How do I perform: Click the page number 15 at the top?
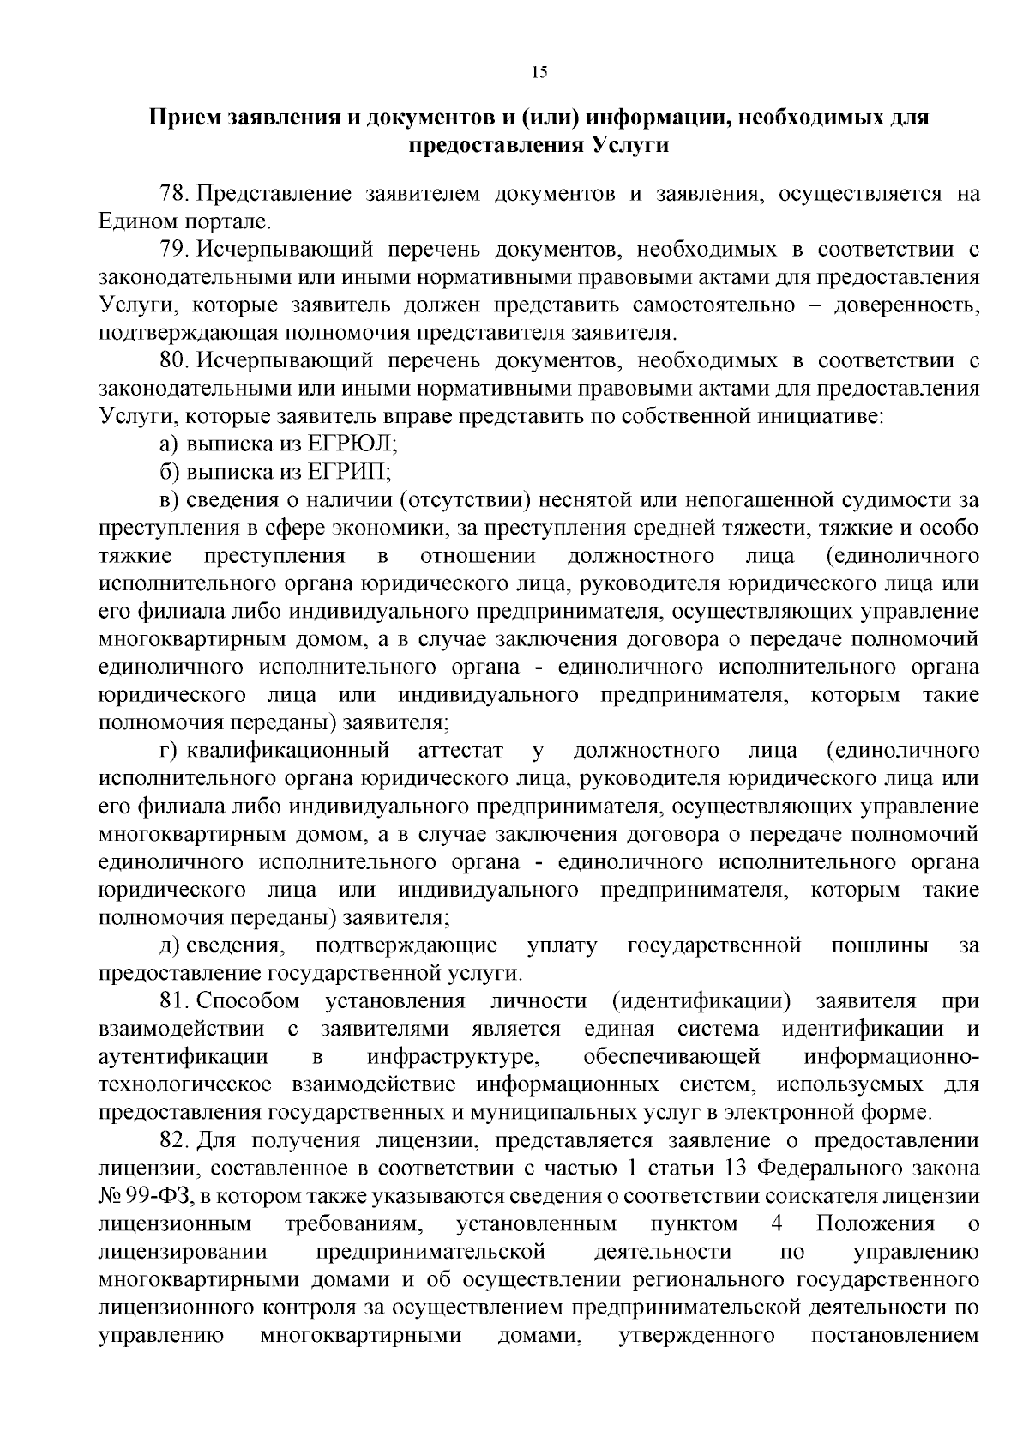click(539, 72)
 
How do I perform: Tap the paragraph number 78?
click(174, 194)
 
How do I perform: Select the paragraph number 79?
click(174, 250)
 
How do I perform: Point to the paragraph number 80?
click(174, 361)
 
